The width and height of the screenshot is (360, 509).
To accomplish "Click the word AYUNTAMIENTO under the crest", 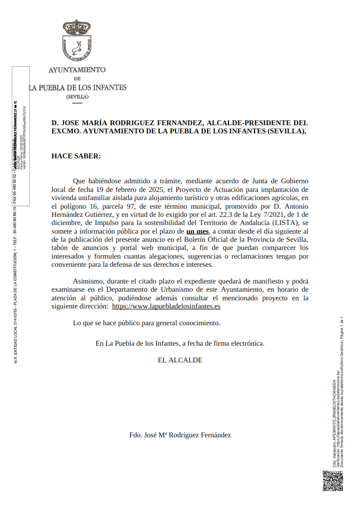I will pos(77,70).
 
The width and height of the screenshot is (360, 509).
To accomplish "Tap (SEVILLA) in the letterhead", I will pos(77,97).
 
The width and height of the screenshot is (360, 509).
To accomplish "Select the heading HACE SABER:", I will pos(76,156).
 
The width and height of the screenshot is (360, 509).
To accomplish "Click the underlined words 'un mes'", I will pos(197,231).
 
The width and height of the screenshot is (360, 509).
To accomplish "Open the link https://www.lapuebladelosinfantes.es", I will pos(166,306).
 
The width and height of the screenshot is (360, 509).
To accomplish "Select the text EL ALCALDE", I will pos(180,360).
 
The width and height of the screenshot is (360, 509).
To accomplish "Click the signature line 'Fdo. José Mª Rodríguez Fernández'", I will pos(180,435).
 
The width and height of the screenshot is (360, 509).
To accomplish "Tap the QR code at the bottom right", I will pos(333,481).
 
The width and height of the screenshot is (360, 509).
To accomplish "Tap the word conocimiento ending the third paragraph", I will pos(199,323).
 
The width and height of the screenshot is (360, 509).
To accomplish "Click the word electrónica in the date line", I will pos(247,343).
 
